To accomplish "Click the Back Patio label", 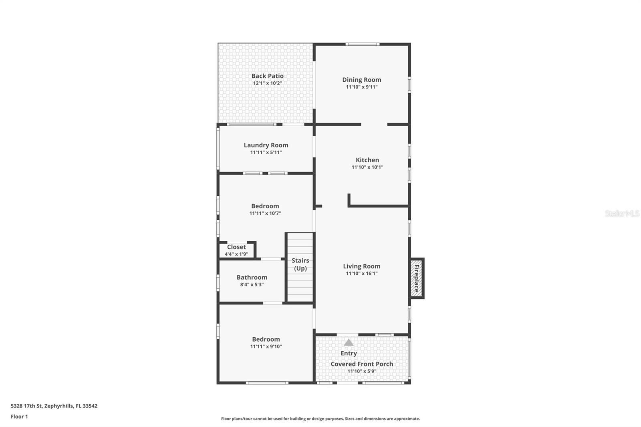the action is pos(267,76).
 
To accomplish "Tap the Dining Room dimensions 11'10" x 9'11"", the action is pos(362,87).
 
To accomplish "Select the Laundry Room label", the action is pos(266,145).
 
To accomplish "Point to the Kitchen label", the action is pos(367,160).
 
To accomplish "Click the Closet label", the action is pos(236,247).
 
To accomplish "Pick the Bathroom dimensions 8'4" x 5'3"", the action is pos(252,284).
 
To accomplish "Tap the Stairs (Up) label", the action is pos(300,264).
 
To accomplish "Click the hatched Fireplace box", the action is pos(417,278).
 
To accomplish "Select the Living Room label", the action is pos(362,266).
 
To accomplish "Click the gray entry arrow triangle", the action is pos(349,342).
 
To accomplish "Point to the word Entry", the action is pos(349,353).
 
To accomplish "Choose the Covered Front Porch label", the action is pos(362,364).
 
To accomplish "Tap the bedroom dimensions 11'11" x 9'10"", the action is pos(266,346).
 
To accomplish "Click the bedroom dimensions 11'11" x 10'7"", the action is pos(265,213).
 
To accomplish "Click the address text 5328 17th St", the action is pos(26,406).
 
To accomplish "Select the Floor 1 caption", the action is pos(20,417).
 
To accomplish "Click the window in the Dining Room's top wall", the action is pos(362,44).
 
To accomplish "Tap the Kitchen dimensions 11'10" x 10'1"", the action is pos(367,167).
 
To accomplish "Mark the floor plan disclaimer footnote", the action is pos(320,419).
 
